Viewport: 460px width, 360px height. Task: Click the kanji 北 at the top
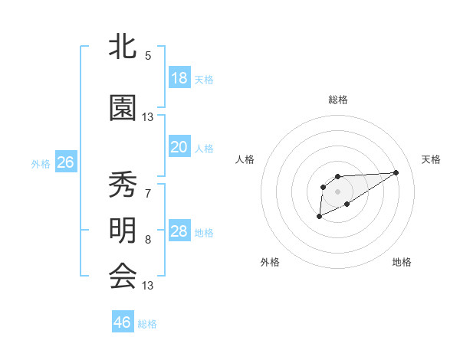point(123,46)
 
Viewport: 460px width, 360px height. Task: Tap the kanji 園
point(123,108)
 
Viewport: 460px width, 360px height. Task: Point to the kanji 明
point(123,231)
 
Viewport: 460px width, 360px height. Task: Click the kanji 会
point(123,276)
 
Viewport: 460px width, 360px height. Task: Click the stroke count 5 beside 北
point(148,55)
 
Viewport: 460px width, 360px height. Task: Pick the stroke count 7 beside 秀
point(148,193)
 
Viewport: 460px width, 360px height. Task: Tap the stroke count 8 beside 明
point(148,240)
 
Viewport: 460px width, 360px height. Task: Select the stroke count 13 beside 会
point(148,286)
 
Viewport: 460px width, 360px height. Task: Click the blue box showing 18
point(179,78)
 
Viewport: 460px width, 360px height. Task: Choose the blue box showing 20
point(179,147)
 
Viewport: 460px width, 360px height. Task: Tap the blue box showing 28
point(179,231)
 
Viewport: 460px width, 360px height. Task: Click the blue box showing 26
point(65,162)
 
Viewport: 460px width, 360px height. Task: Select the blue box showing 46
point(122,322)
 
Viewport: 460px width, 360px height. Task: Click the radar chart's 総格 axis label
point(337,100)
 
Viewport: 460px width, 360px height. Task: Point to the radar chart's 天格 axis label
point(432,159)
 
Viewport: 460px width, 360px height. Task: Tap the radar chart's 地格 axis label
point(402,262)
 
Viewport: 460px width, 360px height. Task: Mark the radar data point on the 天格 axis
point(396,172)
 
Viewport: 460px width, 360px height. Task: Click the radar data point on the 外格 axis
point(320,217)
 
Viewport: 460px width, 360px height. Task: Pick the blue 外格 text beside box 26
point(41,163)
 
